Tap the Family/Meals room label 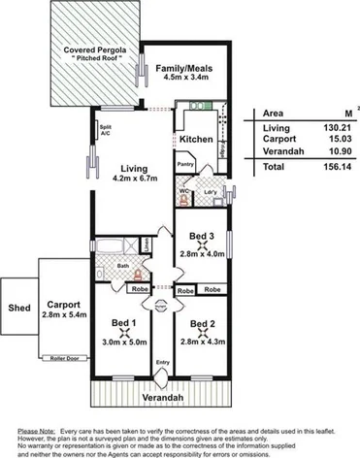click(184, 68)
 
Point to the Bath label click(123, 265)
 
